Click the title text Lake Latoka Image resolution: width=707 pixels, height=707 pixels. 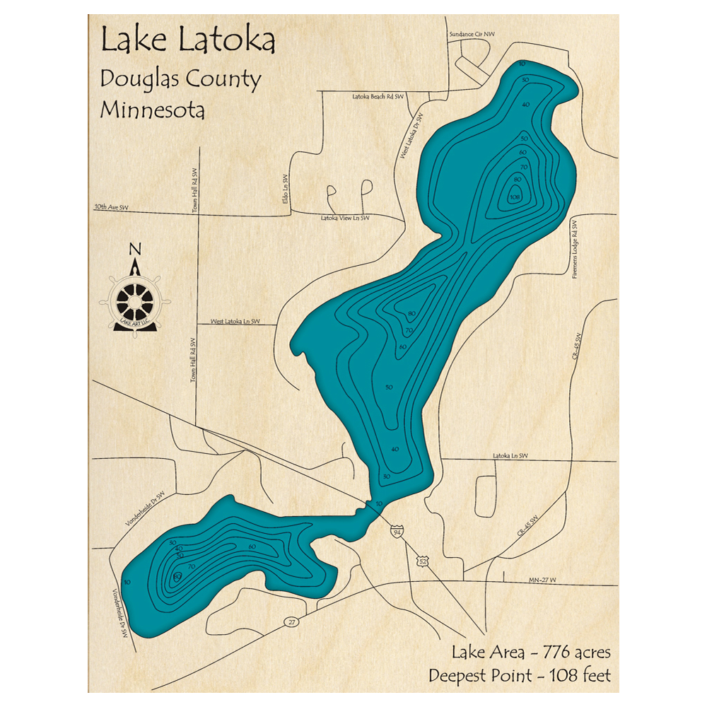[x=187, y=41]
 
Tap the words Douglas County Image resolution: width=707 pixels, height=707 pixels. [x=180, y=78]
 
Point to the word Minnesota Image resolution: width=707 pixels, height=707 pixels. [x=153, y=110]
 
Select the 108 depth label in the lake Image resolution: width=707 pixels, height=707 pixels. [x=515, y=197]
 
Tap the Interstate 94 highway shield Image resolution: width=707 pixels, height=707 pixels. [x=399, y=530]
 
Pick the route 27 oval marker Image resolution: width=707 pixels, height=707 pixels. [x=291, y=621]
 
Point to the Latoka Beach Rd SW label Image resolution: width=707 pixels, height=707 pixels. [x=378, y=96]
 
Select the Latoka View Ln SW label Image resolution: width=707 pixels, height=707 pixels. [x=345, y=218]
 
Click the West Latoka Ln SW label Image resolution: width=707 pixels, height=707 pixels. [x=235, y=322]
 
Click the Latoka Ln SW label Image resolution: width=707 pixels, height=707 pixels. [x=510, y=456]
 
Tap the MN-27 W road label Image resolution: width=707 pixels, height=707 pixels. [x=542, y=580]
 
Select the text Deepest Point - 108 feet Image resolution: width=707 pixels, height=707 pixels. [x=520, y=675]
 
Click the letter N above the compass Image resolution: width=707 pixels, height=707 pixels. [x=134, y=249]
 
